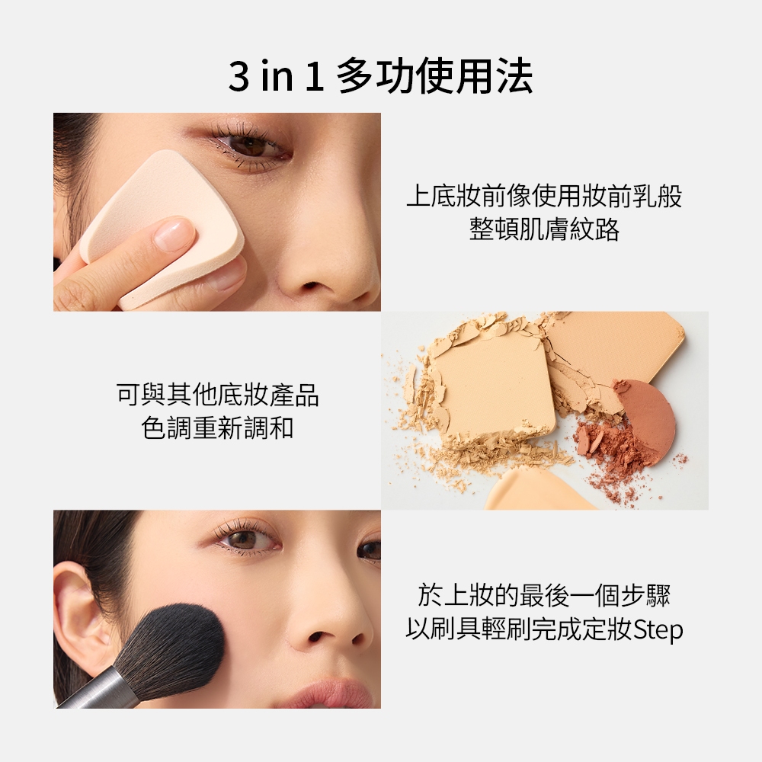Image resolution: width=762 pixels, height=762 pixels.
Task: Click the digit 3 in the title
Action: pyautogui.click(x=239, y=75)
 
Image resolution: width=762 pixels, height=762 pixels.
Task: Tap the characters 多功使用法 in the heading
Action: pyautogui.click(x=435, y=75)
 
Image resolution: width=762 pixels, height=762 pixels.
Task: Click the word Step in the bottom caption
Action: pyautogui.click(x=658, y=630)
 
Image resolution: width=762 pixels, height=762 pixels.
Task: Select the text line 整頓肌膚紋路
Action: pyautogui.click(x=544, y=229)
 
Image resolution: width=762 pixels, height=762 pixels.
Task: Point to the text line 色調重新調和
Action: pyautogui.click(x=217, y=428)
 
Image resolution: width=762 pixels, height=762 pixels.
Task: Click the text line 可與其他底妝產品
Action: pyautogui.click(x=217, y=395)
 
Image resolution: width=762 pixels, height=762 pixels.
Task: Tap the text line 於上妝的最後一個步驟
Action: pyautogui.click(x=544, y=595)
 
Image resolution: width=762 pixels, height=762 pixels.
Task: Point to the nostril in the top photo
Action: pyautogui.click(x=309, y=286)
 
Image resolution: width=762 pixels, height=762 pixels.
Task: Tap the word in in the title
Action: pyautogui.click(x=277, y=75)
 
